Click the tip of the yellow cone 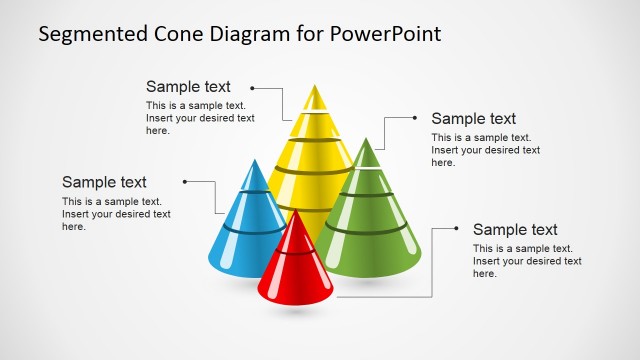316,89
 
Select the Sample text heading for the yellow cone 188,87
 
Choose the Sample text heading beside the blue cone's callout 104,182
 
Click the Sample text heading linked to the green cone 473,119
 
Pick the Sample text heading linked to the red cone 515,230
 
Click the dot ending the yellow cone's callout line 254,88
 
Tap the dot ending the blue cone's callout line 185,182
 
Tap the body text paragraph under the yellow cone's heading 200,117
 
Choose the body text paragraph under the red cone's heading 527,261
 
